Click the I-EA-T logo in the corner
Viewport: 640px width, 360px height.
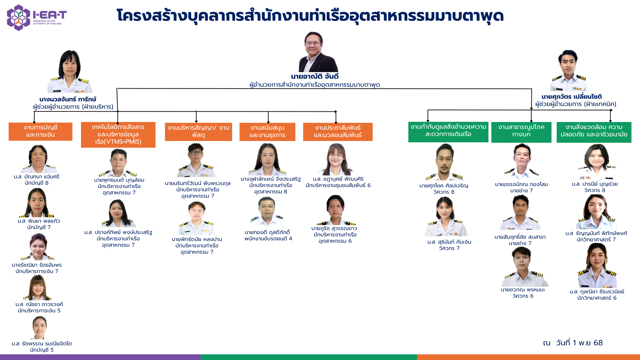(36, 17)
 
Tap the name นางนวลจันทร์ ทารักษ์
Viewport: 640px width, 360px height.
(68, 99)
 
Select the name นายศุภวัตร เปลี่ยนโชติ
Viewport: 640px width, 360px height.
(571, 97)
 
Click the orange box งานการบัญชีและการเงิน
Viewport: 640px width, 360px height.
(40, 131)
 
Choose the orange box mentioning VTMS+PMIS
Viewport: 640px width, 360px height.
(118, 134)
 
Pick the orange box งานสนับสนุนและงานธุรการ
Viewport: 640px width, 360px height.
(267, 132)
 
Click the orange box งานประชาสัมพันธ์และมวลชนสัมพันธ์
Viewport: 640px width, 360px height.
(338, 132)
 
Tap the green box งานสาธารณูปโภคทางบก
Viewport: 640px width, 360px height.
(521, 131)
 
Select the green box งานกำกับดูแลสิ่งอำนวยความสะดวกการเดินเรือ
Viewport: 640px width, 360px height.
(448, 131)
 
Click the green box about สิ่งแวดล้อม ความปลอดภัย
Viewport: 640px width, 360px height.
(594, 131)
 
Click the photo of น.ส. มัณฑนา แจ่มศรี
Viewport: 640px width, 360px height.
(38, 159)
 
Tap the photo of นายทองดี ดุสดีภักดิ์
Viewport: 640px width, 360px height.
(267, 213)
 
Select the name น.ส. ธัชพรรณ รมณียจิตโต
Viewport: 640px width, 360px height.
(42, 344)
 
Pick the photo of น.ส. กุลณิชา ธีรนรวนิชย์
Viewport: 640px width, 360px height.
(597, 266)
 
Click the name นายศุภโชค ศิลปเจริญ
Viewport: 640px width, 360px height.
(444, 186)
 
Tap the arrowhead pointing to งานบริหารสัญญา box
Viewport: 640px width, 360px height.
(196, 121)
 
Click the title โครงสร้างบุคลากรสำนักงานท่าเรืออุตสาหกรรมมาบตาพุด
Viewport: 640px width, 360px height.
(310, 16)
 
